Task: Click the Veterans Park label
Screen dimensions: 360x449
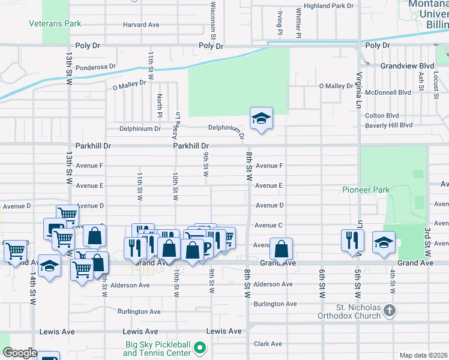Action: coord(55,24)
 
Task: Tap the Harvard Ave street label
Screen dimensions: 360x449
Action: coord(141,25)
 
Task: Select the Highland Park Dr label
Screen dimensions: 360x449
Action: coord(329,5)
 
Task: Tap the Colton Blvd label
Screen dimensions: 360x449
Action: coord(382,116)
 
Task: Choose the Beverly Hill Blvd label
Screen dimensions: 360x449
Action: coord(388,125)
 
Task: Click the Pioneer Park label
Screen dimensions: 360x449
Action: coord(366,190)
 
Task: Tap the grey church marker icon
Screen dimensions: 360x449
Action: coord(390,311)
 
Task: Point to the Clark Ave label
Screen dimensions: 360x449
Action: coord(268,344)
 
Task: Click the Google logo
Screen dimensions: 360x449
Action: coord(20,352)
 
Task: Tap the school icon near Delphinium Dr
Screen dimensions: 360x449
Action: coord(261,118)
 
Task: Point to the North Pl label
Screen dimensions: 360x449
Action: coord(160,106)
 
